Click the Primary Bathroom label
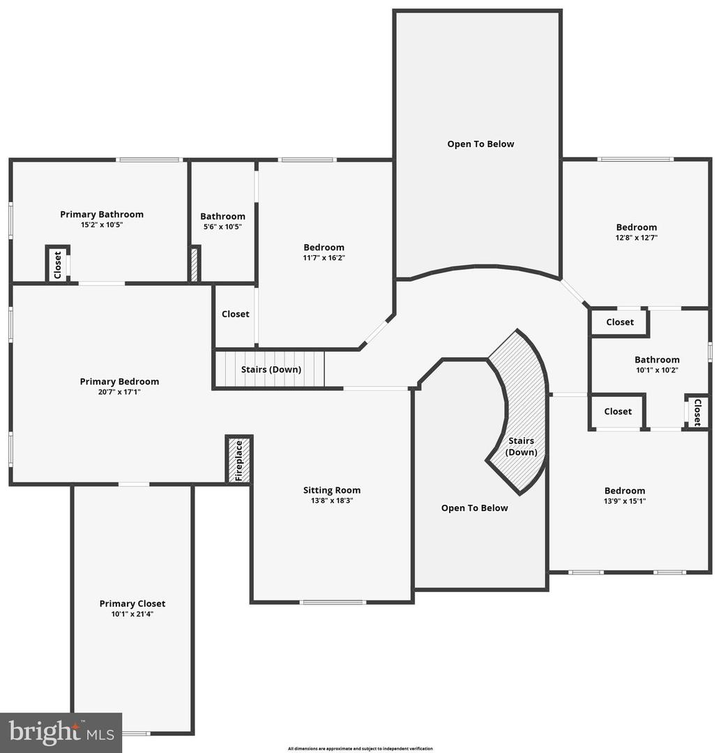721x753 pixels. coord(102,214)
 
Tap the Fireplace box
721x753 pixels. coord(238,460)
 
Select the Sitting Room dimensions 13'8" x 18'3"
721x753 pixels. coord(332,501)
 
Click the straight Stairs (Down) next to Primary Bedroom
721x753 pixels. coord(271,370)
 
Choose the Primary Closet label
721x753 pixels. coord(132,604)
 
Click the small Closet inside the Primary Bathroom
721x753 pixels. coord(58,264)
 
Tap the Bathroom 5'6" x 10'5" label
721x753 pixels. coord(222,216)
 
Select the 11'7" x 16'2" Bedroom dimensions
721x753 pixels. coord(324,258)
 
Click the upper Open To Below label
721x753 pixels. coord(480,144)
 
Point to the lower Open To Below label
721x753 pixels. coord(474,508)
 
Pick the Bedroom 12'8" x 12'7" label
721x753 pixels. coord(636,227)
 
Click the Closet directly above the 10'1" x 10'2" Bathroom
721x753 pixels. coord(620,322)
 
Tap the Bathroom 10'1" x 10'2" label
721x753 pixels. coord(657,360)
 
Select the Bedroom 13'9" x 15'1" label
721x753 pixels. coord(625,491)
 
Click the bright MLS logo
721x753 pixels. coord(61,733)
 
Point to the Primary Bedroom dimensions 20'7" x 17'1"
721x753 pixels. coord(119,392)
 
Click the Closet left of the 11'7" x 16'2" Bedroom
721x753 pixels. coord(235,314)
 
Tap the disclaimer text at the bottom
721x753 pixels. coord(360,749)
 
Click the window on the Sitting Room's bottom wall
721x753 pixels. coord(333,602)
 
